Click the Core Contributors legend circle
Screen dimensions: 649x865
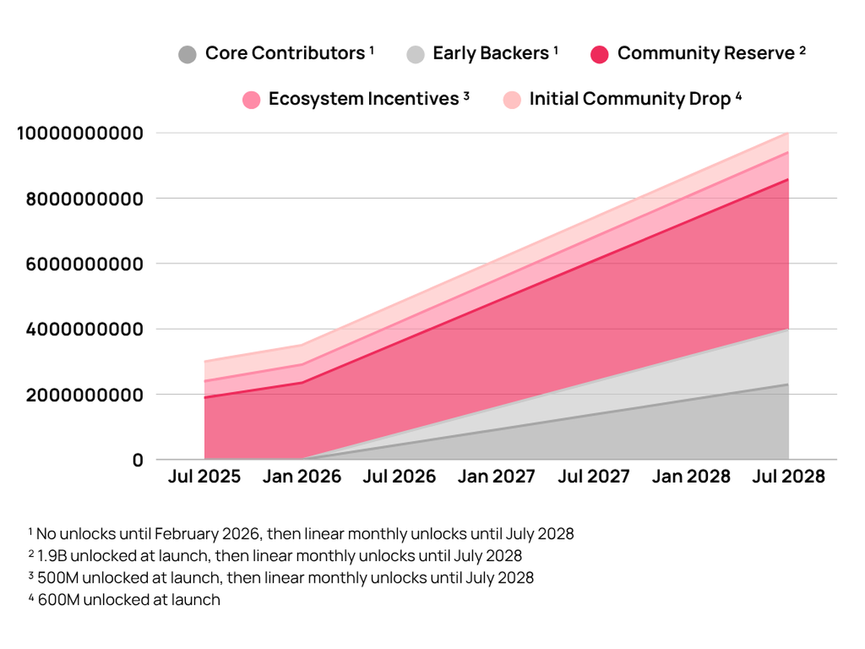(x=187, y=54)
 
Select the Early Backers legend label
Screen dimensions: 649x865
(x=490, y=53)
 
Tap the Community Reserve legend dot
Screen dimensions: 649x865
(x=600, y=54)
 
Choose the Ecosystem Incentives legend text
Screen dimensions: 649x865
(x=364, y=99)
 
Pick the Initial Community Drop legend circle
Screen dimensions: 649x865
(x=510, y=100)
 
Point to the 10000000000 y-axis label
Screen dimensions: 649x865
(x=79, y=133)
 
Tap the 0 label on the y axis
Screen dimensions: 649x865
(x=138, y=460)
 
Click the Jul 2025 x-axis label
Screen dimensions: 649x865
(x=205, y=477)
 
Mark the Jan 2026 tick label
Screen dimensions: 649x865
(x=302, y=477)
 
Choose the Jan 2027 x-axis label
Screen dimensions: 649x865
(x=497, y=477)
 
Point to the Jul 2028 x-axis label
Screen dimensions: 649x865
(x=789, y=477)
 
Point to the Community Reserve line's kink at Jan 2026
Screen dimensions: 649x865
(x=302, y=382)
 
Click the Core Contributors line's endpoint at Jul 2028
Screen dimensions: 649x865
(x=789, y=384)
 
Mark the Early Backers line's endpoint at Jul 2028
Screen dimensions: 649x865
(x=789, y=329)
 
